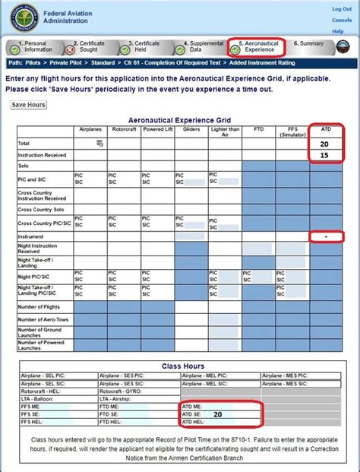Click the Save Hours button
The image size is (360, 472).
[30, 105]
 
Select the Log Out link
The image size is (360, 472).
[342, 8]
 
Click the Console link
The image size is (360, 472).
[342, 19]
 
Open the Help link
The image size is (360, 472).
[339, 31]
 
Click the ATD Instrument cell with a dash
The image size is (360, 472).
[326, 237]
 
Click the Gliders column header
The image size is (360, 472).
[191, 130]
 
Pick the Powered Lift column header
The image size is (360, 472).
[157, 130]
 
